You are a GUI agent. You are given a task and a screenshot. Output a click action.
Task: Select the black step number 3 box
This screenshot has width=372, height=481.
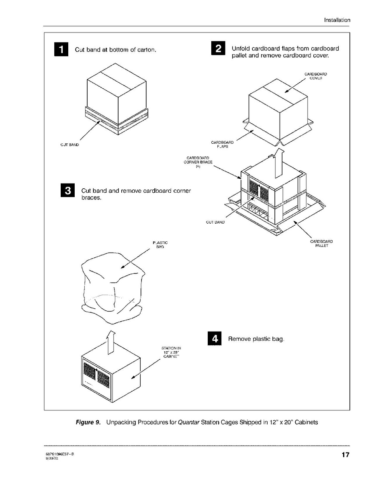click(x=67, y=191)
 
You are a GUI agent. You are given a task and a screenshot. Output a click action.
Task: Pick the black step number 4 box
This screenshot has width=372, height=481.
click(x=215, y=339)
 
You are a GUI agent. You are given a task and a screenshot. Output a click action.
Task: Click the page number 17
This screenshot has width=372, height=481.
click(x=345, y=455)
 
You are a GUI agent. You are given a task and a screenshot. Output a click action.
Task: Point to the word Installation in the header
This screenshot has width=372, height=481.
click(x=337, y=20)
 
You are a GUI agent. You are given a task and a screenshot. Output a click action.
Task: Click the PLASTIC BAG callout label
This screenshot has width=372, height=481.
click(x=160, y=245)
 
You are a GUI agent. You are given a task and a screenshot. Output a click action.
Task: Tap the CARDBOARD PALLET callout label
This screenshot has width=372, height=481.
click(x=321, y=243)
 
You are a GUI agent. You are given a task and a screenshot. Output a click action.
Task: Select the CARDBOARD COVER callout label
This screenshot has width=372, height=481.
click(x=315, y=76)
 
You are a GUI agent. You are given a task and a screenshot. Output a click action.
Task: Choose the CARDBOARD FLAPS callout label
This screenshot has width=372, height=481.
click(x=222, y=145)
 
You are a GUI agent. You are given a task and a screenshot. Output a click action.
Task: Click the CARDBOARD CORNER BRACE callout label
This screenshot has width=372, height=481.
click(x=198, y=162)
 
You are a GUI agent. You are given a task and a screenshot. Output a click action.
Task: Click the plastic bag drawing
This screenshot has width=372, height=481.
click(x=112, y=285)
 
